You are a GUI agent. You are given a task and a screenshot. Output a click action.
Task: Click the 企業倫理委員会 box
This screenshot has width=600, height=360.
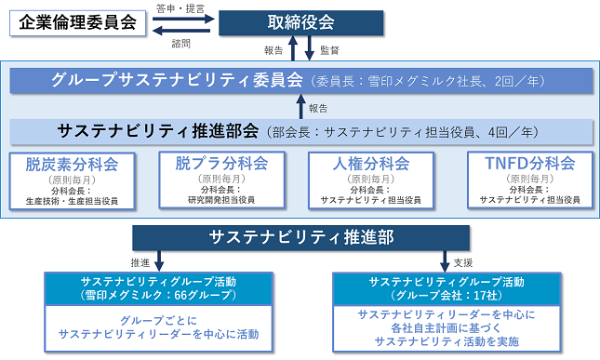click(78, 23)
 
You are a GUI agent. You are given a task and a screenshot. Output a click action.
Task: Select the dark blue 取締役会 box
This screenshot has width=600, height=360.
click(300, 23)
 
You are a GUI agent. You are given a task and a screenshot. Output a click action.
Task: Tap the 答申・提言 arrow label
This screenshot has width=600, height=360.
click(180, 8)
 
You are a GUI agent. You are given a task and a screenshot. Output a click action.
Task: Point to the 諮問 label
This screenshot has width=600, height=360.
click(181, 44)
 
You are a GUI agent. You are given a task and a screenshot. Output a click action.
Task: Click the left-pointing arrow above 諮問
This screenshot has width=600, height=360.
click(181, 31)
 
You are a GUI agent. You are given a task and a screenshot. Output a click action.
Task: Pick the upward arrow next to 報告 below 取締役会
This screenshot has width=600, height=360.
click(293, 47)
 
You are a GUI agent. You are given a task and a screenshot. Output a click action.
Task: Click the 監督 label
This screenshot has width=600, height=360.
click(329, 50)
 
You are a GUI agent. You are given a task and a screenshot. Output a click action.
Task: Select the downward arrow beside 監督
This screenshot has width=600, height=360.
click(309, 47)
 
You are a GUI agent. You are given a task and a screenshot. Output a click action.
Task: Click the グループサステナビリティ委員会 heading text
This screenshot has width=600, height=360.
click(177, 80)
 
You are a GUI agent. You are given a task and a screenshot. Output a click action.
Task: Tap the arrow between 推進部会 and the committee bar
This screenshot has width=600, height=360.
click(300, 106)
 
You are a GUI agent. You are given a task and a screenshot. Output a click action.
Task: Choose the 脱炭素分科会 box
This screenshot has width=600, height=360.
click(73, 181)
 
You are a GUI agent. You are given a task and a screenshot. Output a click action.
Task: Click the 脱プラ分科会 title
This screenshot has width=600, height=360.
click(221, 164)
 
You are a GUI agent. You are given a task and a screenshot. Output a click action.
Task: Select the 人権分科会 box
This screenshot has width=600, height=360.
click(371, 180)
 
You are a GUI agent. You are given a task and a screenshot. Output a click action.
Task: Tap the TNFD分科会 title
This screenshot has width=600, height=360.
click(530, 164)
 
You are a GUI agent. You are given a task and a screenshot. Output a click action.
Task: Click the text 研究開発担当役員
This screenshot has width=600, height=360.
click(221, 200)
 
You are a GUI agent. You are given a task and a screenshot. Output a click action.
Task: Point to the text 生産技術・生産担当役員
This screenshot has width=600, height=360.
click(72, 201)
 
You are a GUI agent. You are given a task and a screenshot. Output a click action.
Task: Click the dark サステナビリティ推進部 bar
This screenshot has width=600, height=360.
click(300, 237)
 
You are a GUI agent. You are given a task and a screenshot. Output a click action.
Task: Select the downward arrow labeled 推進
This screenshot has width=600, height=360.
click(159, 260)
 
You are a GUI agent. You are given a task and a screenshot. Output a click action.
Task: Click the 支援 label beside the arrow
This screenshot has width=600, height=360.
click(463, 263)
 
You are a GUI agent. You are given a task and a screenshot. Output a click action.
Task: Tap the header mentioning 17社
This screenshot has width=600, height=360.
click(447, 289)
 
